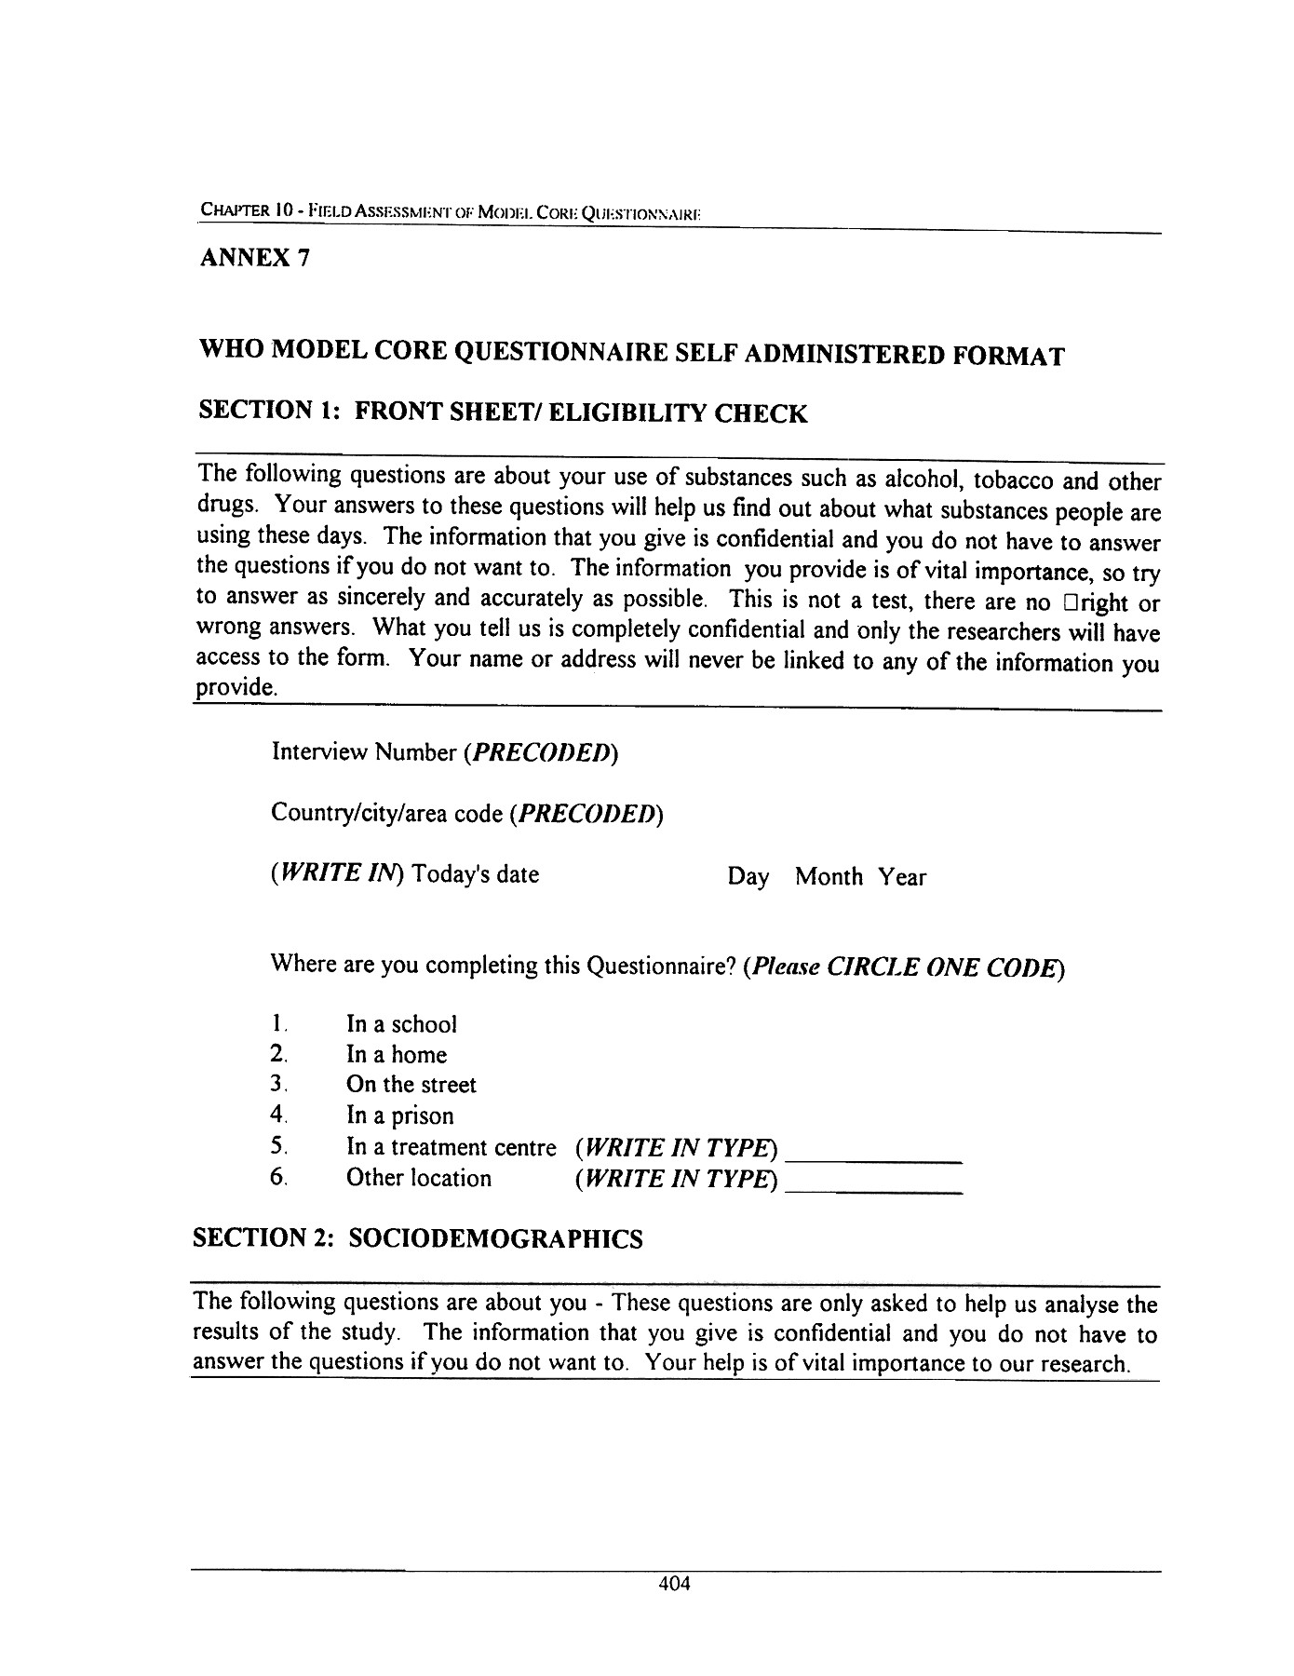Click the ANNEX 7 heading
click(253, 258)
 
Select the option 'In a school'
click(401, 1024)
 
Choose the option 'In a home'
click(396, 1055)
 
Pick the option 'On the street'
click(411, 1085)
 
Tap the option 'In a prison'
click(399, 1115)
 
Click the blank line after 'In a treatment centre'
click(873, 1158)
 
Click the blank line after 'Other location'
click(873, 1190)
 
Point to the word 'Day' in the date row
click(748, 877)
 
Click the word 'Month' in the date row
click(829, 877)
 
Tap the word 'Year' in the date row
click(902, 877)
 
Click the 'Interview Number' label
click(363, 752)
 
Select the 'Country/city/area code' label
click(386, 814)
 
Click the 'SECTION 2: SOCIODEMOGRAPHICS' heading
click(417, 1238)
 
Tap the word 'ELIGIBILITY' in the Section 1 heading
click(627, 413)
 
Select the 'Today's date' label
click(476, 874)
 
